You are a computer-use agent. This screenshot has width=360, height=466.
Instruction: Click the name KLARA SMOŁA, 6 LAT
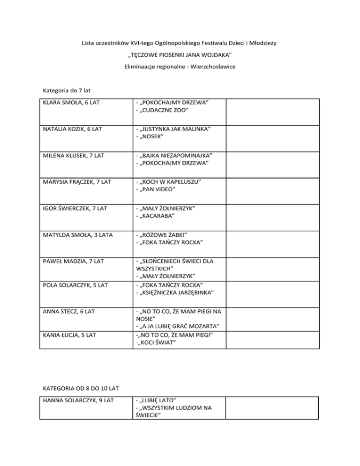point(70,103)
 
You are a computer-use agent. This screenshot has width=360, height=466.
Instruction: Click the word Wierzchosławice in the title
point(207,67)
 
